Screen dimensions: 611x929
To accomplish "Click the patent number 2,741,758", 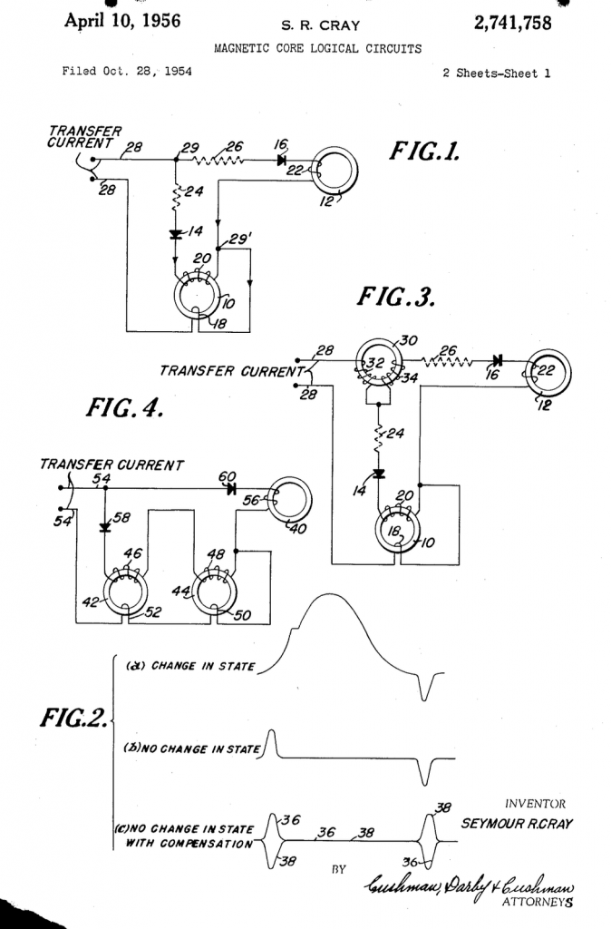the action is click(x=513, y=23).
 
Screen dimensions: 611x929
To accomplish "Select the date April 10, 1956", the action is click(x=122, y=22).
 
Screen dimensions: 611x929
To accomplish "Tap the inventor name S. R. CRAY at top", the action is click(x=320, y=25).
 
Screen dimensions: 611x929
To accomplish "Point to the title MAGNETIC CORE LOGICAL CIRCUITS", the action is click(x=318, y=49).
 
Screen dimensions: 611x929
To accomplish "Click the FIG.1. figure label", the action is click(x=424, y=152).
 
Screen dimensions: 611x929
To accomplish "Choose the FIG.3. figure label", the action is click(x=396, y=297).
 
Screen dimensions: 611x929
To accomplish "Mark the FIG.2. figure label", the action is click(x=74, y=718).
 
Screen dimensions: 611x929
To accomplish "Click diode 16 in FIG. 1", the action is click(x=282, y=160).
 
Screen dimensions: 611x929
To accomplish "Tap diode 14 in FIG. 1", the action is click(x=176, y=235).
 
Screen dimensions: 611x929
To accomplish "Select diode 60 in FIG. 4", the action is click(x=230, y=489).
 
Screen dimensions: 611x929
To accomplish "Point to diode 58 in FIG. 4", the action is click(x=105, y=527).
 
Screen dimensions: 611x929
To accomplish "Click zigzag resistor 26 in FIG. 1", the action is click(x=218, y=160).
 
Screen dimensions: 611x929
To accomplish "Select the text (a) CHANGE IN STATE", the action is click(x=190, y=666).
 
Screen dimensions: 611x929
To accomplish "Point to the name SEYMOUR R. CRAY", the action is click(x=517, y=824).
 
